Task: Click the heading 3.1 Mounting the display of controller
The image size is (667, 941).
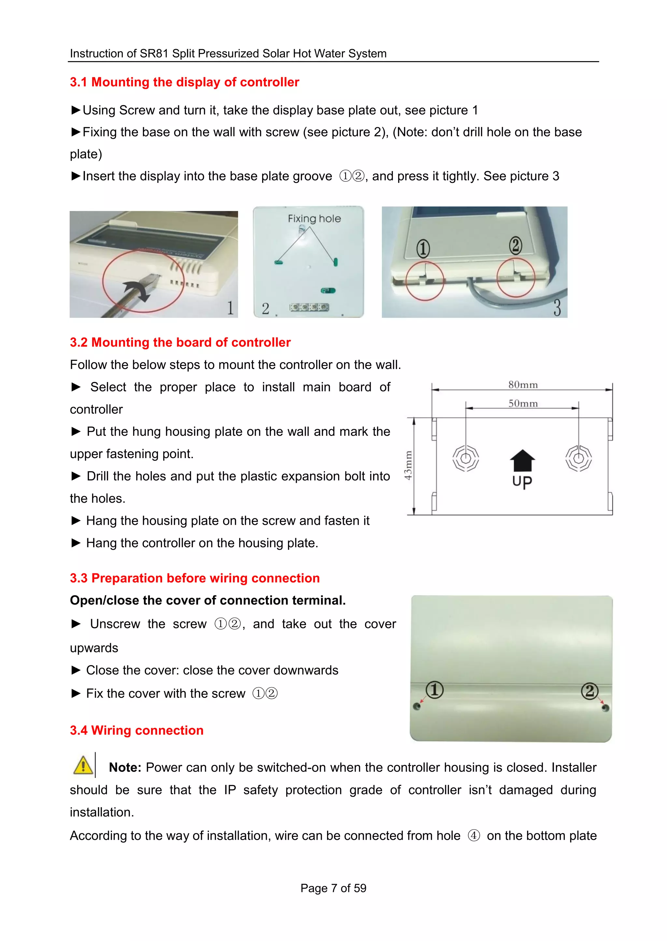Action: (184, 82)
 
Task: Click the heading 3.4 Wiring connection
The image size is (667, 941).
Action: (136, 730)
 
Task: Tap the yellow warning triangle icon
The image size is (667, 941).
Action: (83, 765)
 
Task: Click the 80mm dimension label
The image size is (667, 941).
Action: (522, 385)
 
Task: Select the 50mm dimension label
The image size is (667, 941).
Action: (522, 403)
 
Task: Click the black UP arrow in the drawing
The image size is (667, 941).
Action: (522, 460)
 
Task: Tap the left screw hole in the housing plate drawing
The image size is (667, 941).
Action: (466, 458)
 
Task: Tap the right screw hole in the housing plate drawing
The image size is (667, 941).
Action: (578, 458)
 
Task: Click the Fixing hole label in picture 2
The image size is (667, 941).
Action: (314, 219)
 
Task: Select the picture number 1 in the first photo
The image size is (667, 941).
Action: (230, 308)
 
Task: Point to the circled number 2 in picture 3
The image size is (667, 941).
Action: (516, 245)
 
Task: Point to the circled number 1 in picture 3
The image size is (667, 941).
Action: (423, 248)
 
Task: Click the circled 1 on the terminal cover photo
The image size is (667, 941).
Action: (434, 690)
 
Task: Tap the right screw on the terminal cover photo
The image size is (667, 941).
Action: (605, 708)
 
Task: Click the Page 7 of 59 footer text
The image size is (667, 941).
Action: (333, 888)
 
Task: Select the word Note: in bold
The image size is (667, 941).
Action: (125, 767)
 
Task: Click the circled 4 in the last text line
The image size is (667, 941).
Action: (474, 836)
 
